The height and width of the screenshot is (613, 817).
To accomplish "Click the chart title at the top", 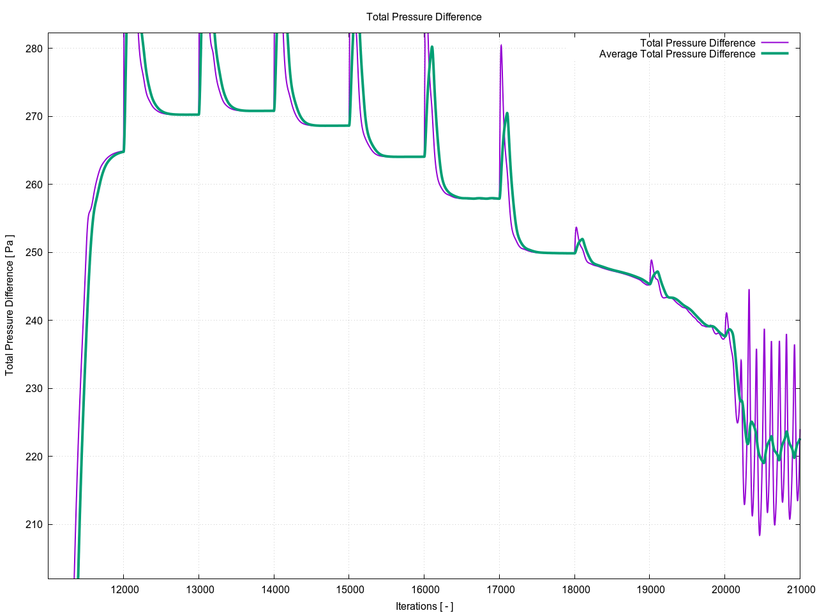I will (x=424, y=17).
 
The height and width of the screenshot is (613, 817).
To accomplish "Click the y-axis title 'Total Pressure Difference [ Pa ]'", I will (x=10, y=305).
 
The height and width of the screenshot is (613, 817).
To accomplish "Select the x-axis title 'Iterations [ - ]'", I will (x=424, y=606).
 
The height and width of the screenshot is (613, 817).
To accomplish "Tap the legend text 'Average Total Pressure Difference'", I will (x=677, y=54).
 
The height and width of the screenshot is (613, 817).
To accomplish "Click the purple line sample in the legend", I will (x=774, y=43).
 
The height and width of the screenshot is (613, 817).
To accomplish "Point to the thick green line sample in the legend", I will (x=774, y=54).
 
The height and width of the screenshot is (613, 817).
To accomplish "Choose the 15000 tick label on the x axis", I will (x=349, y=589).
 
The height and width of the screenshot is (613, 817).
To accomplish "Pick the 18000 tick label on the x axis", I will (x=574, y=589).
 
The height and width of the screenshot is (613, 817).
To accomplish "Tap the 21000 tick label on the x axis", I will (x=799, y=589).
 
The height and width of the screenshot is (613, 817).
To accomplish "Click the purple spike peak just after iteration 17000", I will (x=501, y=45).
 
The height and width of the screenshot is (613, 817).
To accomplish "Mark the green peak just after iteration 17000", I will (x=507, y=113).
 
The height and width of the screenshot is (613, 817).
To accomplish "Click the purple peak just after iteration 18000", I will (x=576, y=227).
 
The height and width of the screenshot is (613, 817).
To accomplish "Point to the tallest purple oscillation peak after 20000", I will (x=749, y=290).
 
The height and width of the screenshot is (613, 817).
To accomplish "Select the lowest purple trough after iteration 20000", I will (x=760, y=535).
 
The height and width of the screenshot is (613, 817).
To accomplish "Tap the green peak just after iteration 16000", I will (x=432, y=47).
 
